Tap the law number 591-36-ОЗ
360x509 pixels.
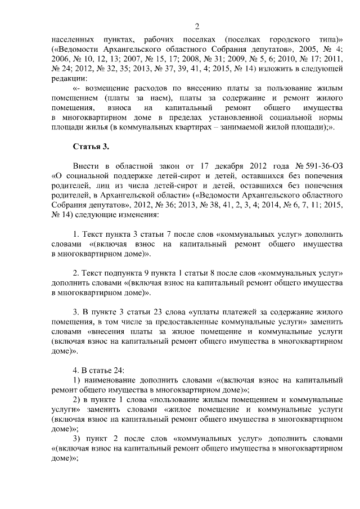(x=322, y=167)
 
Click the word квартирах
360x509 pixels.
(x=201, y=128)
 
